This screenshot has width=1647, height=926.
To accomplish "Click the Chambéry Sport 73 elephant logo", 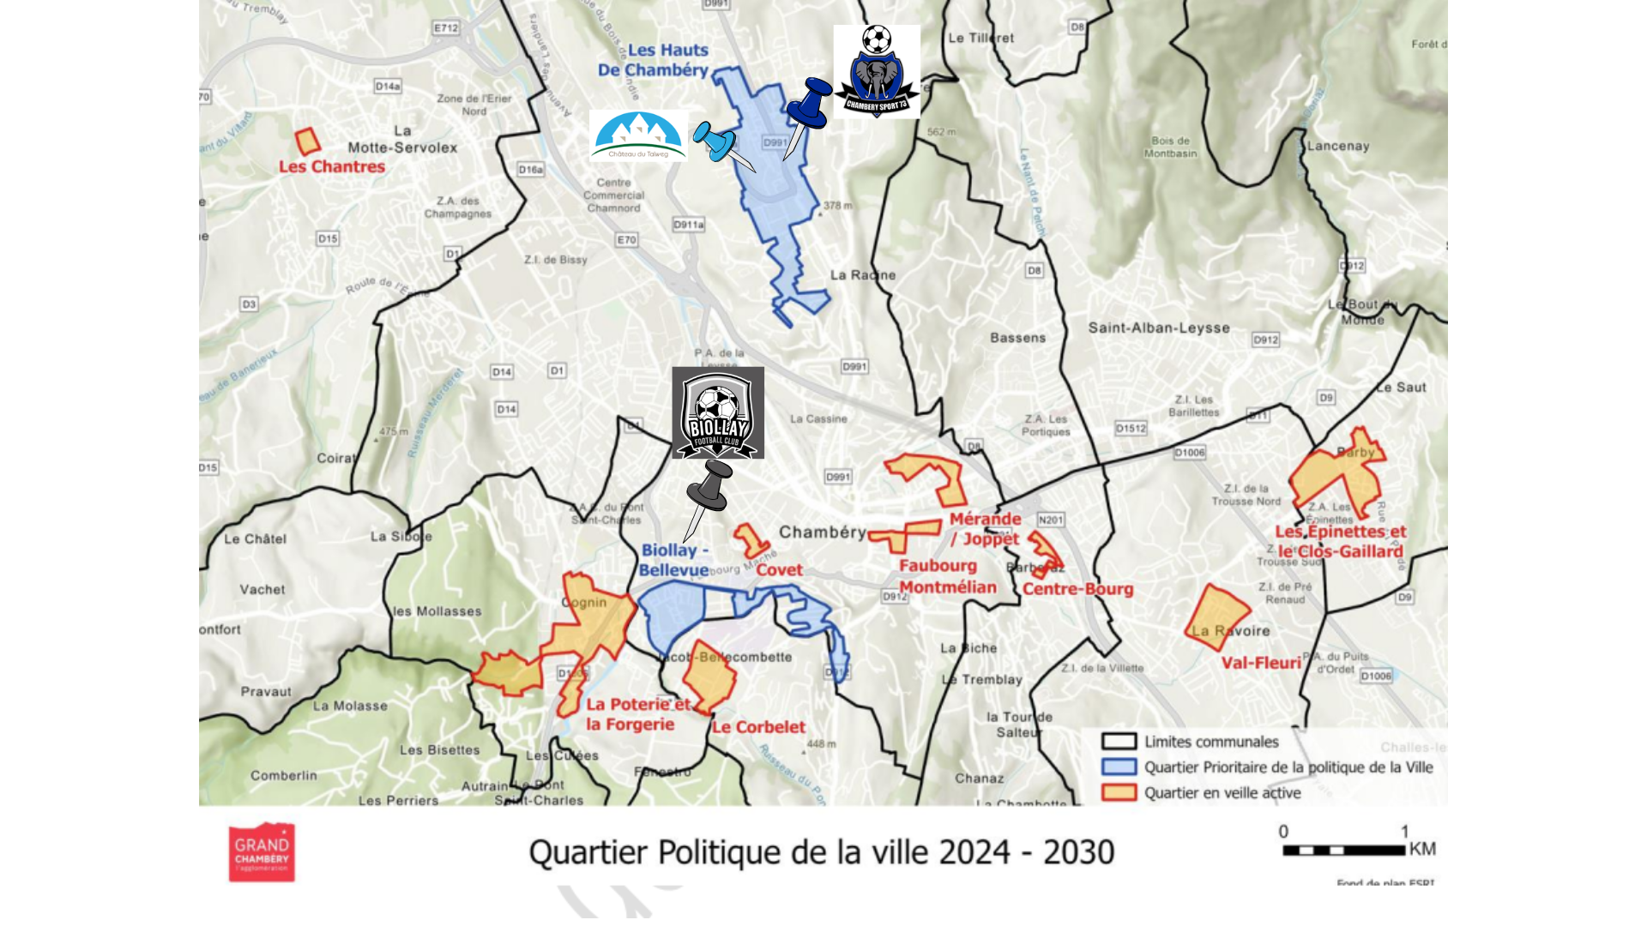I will (x=877, y=72).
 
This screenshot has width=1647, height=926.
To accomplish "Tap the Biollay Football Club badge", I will (x=718, y=413).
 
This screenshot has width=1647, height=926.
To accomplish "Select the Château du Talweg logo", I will (x=638, y=136).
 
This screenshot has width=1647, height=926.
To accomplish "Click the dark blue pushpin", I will (x=808, y=106).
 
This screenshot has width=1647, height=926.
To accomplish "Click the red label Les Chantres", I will (x=332, y=166).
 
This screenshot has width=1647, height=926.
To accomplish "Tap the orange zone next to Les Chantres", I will (x=307, y=141).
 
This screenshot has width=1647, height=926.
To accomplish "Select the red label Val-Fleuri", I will (x=1261, y=663).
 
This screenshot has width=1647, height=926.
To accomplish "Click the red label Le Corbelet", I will (x=758, y=727).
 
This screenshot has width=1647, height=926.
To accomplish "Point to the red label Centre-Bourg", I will (x=1077, y=589).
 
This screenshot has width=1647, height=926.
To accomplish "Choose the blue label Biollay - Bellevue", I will (x=674, y=560).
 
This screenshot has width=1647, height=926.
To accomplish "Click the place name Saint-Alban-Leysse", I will (x=1159, y=328).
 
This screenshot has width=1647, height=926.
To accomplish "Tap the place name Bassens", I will (x=1017, y=338).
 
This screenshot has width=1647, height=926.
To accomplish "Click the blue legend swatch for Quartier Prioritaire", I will (x=1119, y=767).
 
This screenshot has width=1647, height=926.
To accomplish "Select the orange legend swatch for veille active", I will (x=1119, y=792).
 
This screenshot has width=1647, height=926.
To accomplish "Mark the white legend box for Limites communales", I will (x=1119, y=742).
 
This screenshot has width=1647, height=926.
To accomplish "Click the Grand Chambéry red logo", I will (x=262, y=852).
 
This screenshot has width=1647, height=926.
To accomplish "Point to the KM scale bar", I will (x=1343, y=851).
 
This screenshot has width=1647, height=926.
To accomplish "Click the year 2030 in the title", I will (x=1078, y=852).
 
